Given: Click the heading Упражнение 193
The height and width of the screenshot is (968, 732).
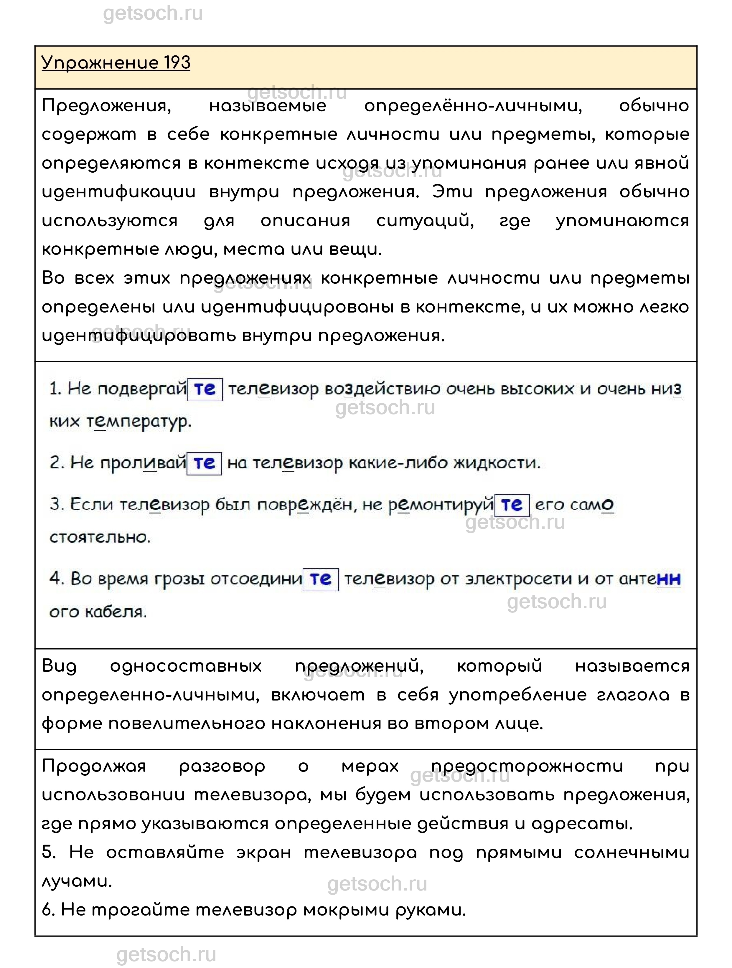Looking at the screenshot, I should [116, 62].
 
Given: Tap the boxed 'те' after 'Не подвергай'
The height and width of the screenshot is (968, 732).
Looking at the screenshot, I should [205, 389].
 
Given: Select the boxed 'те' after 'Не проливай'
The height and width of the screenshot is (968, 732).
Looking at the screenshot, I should [204, 463].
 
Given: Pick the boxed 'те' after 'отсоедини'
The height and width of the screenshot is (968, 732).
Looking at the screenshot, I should [320, 579].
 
